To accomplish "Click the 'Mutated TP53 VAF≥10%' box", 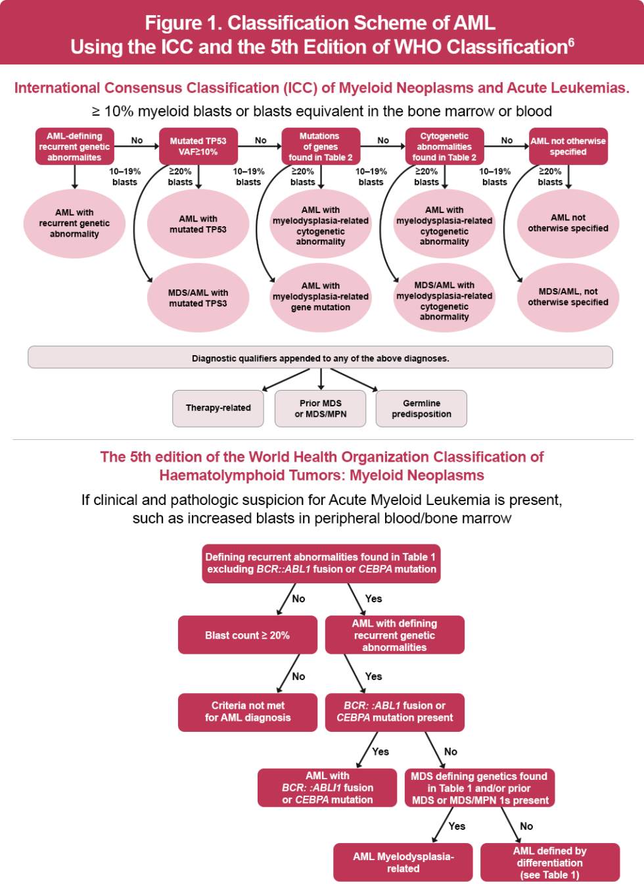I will click(x=198, y=146).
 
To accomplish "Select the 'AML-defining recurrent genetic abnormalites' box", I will click(x=74, y=146).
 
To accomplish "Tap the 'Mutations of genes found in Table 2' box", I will click(x=321, y=146).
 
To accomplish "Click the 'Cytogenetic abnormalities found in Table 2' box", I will click(x=444, y=146).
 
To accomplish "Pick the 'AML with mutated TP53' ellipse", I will click(x=198, y=224).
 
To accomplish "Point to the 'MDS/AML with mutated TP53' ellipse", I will click(x=198, y=298).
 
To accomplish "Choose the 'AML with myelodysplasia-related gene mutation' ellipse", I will click(x=321, y=297).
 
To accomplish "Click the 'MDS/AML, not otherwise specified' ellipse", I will click(x=568, y=297).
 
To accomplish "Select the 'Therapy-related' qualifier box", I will click(x=218, y=408).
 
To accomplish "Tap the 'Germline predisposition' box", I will click(x=421, y=408).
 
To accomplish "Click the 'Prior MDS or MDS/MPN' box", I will click(x=321, y=408).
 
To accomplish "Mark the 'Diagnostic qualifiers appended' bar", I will click(x=320, y=358).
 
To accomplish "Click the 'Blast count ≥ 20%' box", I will click(x=247, y=635).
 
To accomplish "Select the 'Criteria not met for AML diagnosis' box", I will click(x=247, y=712).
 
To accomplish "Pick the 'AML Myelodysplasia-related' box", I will click(x=403, y=862).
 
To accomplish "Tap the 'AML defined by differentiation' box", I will click(x=549, y=862).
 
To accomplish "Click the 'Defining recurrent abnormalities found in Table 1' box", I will click(x=321, y=564).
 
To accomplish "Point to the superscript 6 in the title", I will click(x=571, y=42).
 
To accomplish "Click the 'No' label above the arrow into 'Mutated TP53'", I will click(x=137, y=140).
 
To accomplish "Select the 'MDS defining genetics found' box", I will click(x=480, y=788).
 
